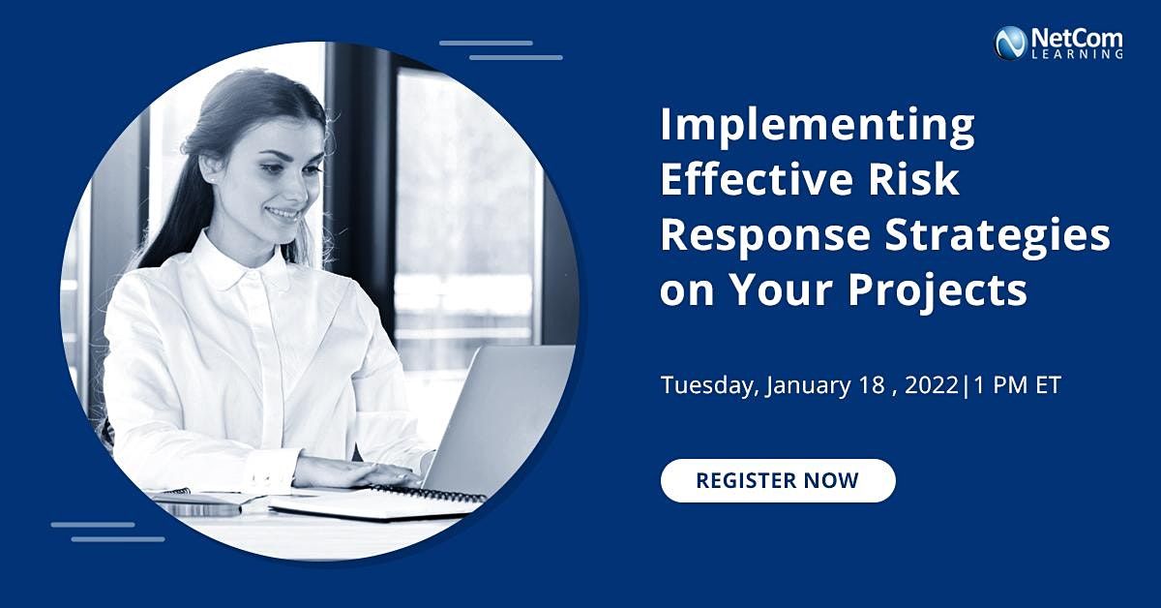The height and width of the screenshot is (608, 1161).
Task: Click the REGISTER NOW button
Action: (x=778, y=480)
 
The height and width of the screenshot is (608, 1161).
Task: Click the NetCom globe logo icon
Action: (x=1010, y=42)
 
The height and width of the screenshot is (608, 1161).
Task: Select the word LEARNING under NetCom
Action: (x=1090, y=56)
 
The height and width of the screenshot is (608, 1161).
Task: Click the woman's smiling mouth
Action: (x=283, y=212)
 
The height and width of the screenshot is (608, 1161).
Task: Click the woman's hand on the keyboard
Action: (x=358, y=471)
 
